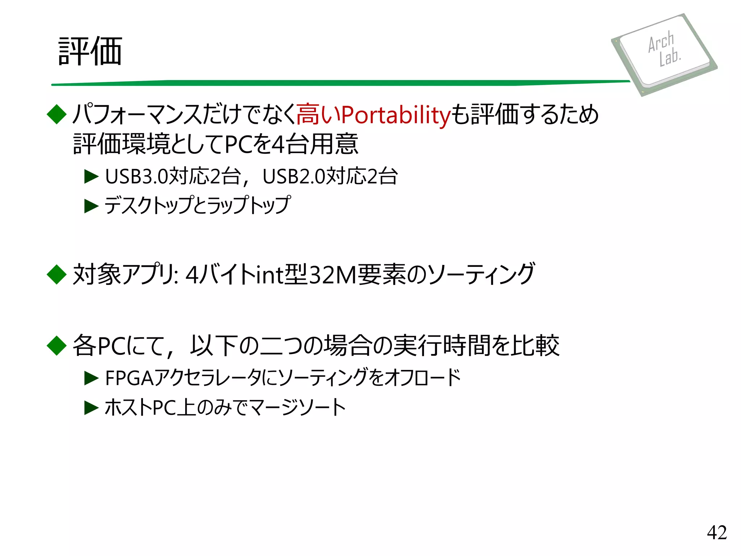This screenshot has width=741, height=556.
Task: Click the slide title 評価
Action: pos(90,51)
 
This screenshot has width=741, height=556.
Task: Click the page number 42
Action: pos(716,532)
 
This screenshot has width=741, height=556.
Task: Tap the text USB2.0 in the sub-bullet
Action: pos(294,177)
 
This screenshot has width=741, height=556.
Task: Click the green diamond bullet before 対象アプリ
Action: pos(57,274)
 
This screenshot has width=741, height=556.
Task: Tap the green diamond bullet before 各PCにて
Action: pos(57,345)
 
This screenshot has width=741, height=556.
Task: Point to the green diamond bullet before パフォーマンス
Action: pos(57,114)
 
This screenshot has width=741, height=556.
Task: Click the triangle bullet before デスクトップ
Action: pos(91,206)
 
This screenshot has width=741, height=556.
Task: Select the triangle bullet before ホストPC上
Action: pos(91,408)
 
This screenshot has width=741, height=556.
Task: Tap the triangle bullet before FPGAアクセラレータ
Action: pos(91,378)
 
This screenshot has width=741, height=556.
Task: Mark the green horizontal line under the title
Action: pos(340,83)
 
